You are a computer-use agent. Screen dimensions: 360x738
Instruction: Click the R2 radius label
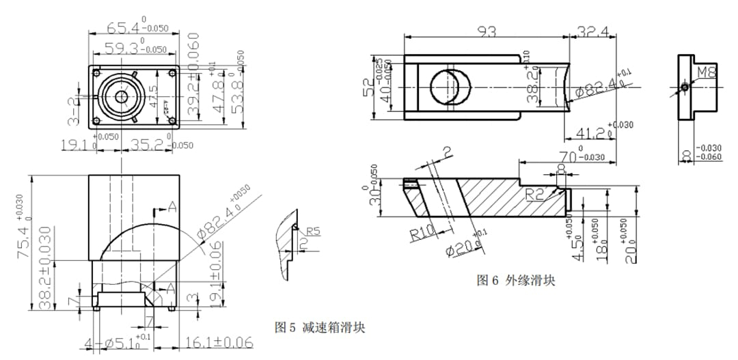[x=536, y=195]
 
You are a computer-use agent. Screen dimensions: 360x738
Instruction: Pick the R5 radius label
[x=313, y=231]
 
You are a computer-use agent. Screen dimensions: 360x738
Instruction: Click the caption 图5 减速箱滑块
[x=319, y=327]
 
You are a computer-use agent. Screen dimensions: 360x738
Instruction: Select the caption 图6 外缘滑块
[x=515, y=280]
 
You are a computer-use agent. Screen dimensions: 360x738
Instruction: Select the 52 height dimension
[x=369, y=87]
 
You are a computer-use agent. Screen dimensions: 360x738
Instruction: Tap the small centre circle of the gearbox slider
[x=122, y=96]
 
